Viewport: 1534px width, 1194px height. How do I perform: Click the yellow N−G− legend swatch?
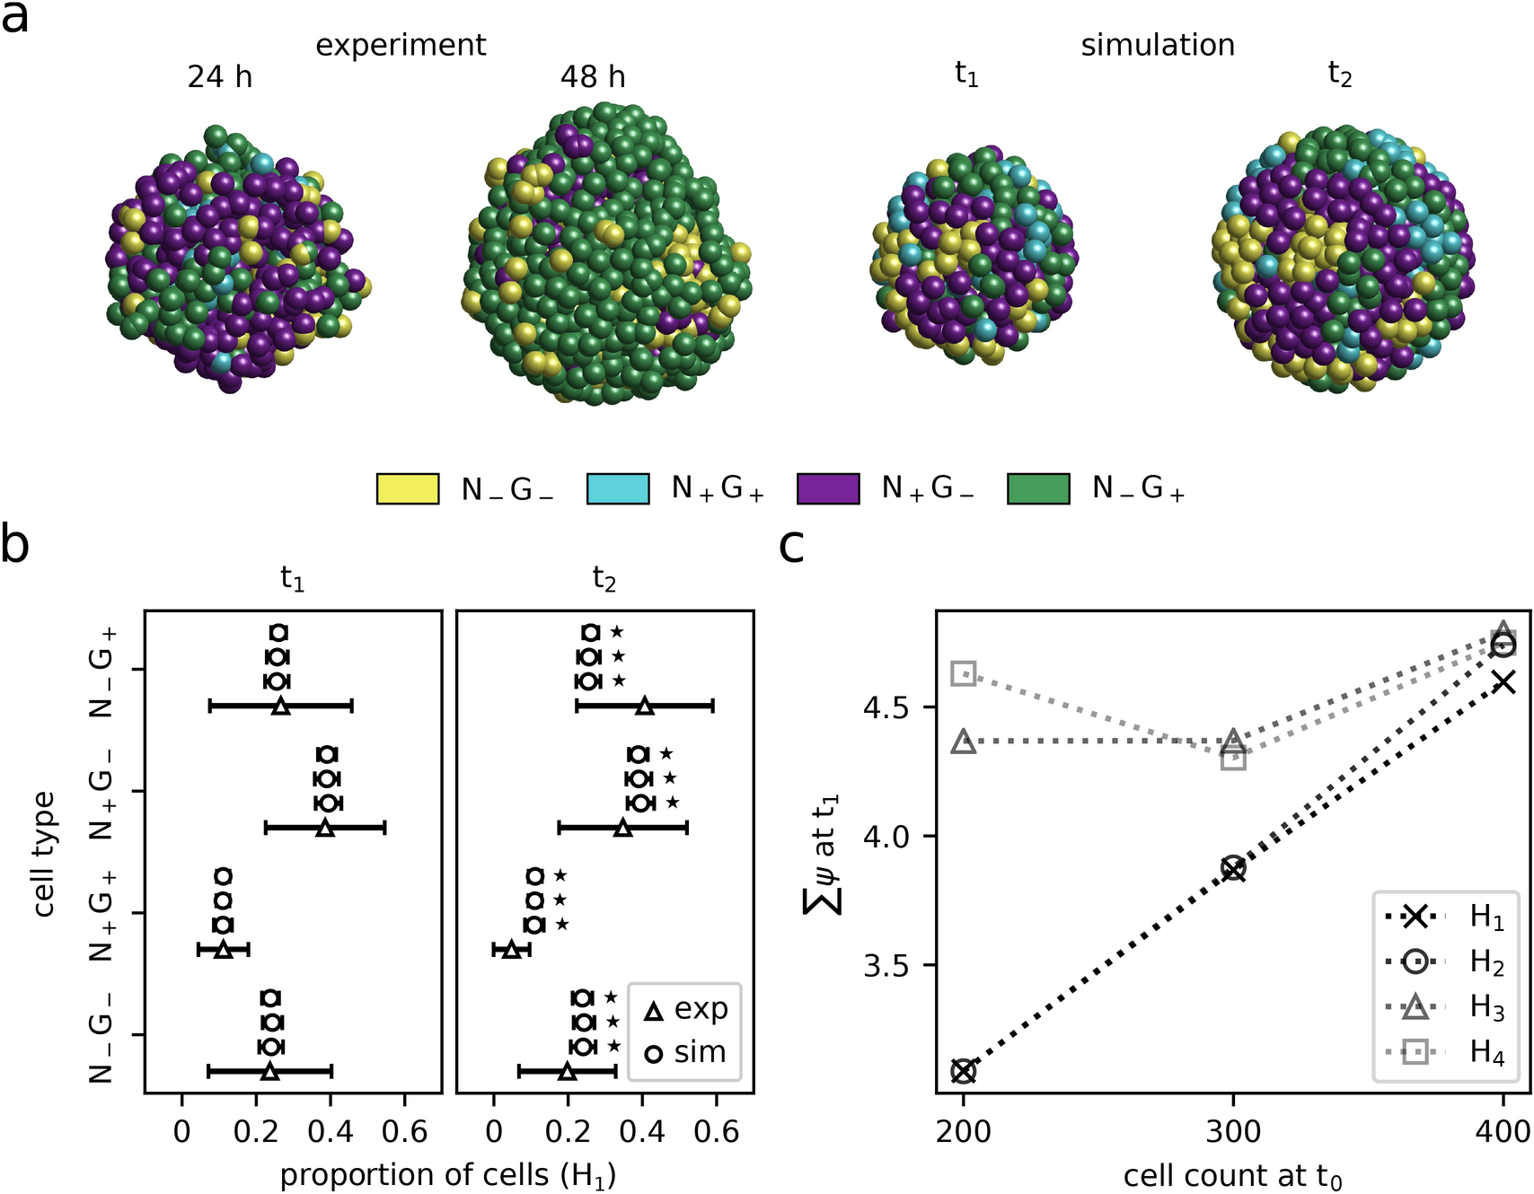[408, 488]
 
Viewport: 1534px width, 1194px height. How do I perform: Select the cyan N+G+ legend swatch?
[618, 488]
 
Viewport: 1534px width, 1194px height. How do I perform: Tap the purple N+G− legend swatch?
[828, 488]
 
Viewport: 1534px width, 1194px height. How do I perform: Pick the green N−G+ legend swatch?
[1038, 488]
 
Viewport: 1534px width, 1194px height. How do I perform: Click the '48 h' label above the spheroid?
[593, 77]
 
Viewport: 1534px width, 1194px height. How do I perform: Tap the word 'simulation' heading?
[1157, 45]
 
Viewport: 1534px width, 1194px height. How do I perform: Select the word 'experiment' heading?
[401, 45]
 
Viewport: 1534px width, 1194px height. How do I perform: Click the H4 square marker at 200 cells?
[964, 673]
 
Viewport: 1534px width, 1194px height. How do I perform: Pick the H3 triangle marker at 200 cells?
[964, 742]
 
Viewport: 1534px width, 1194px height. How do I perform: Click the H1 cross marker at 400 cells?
[1503, 682]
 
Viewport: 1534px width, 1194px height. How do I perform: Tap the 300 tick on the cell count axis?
[1233, 1131]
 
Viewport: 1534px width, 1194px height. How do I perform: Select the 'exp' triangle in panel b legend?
[655, 1012]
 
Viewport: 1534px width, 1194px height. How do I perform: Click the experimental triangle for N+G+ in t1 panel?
[224, 949]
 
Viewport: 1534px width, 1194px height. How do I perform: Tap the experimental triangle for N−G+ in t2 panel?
[644, 707]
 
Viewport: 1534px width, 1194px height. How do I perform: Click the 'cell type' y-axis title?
[42, 853]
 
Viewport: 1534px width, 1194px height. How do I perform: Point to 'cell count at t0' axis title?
[1232, 1175]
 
